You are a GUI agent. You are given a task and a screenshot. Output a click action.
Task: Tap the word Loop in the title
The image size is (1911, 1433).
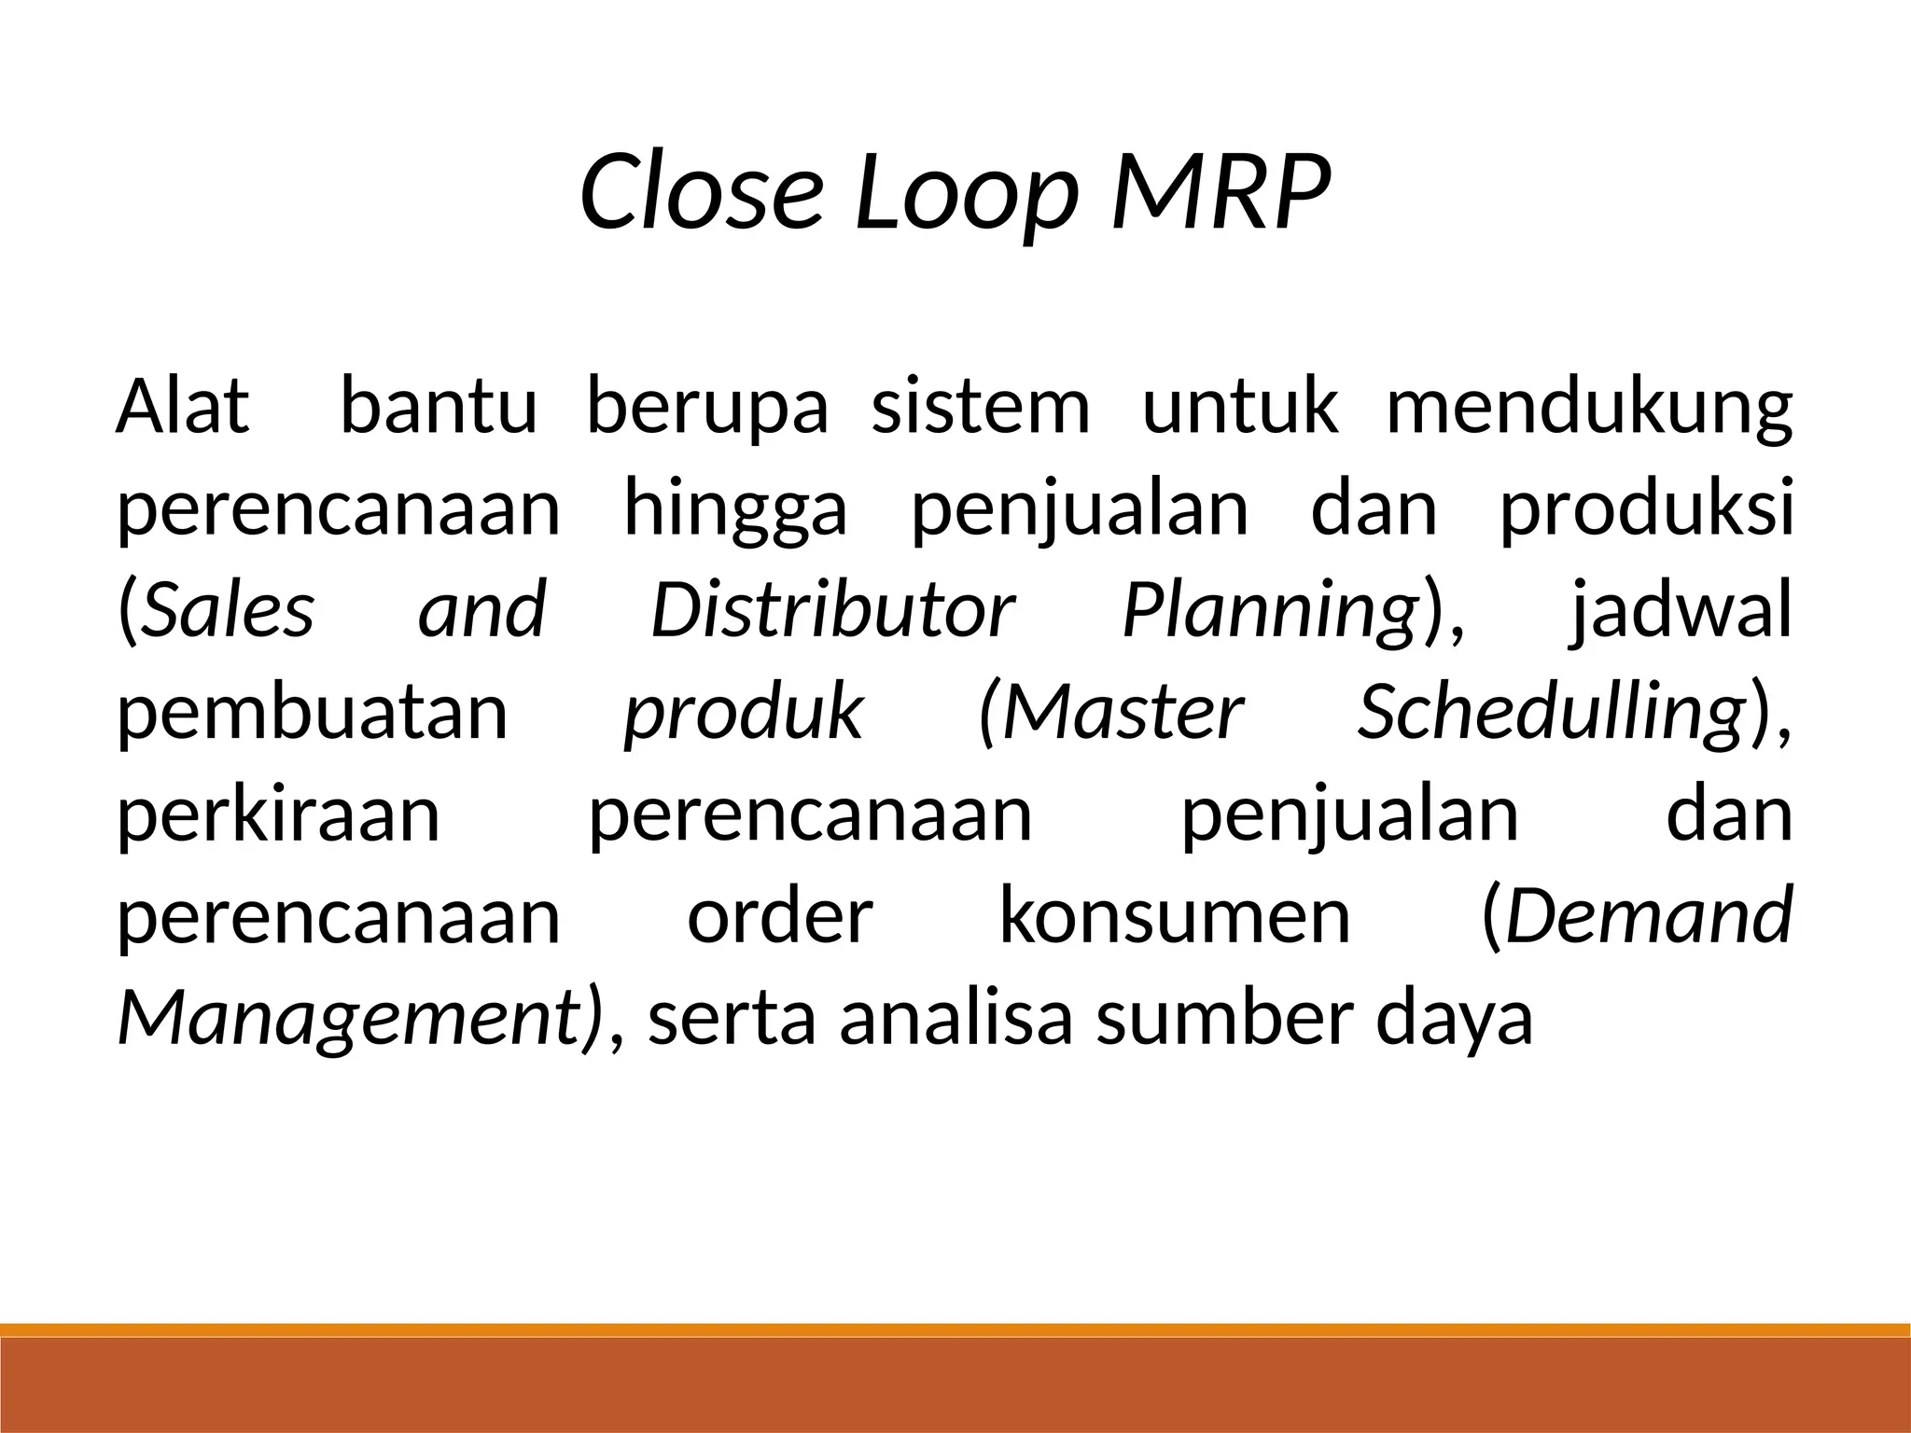point(967,194)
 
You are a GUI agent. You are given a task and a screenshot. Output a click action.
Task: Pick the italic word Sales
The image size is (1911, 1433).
point(229,610)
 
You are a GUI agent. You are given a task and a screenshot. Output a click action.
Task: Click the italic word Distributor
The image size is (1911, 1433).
point(831,610)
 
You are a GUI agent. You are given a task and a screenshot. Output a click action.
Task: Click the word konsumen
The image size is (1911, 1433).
point(1175,916)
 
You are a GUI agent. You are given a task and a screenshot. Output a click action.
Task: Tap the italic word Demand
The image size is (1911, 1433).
point(1649,916)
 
